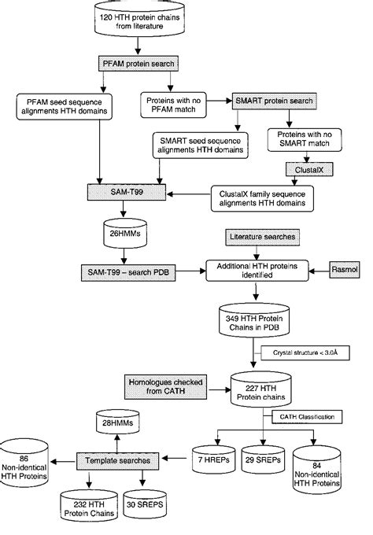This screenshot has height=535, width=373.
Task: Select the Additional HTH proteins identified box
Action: point(253,270)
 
